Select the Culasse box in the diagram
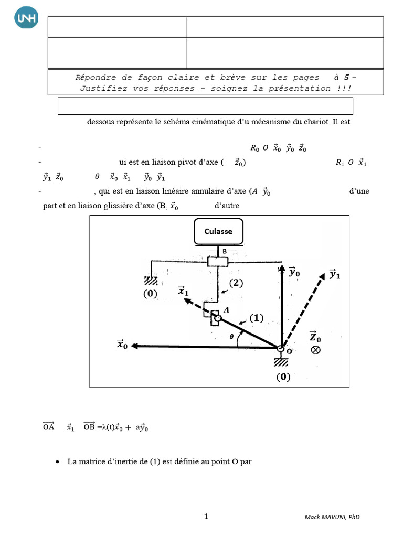pyautogui.click(x=218, y=231)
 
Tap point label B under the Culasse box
pyautogui.click(x=225, y=252)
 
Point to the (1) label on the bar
pyautogui.click(x=257, y=318)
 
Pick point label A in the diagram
pyautogui.click(x=227, y=310)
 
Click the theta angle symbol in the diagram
pyautogui.click(x=231, y=338)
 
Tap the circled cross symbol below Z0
pyautogui.click(x=315, y=350)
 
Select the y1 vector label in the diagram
pyautogui.click(x=334, y=274)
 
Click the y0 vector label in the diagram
pyautogui.click(x=295, y=273)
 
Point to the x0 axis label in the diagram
pyautogui.click(x=123, y=345)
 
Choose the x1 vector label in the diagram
pyautogui.click(x=184, y=291)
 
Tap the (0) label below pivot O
pyautogui.click(x=283, y=377)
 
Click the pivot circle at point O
pyautogui.click(x=281, y=349)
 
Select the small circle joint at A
pyautogui.click(x=217, y=317)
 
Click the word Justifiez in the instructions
pyautogui.click(x=101, y=88)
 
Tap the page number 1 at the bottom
pyautogui.click(x=206, y=517)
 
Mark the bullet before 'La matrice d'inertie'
pyautogui.click(x=57, y=462)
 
